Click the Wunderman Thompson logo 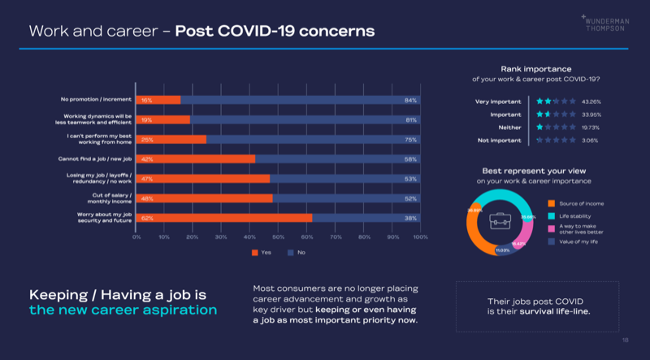[605, 24]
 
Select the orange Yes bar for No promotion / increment [158, 100]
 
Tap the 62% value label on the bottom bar [147, 218]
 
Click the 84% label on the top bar [410, 100]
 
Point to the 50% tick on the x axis [279, 236]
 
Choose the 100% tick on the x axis [420, 236]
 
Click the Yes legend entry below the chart [262, 252]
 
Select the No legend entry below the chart [297, 252]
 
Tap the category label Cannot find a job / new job [96, 158]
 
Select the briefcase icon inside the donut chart [500, 218]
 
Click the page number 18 [625, 340]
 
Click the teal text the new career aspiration [123, 310]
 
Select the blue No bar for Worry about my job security [366, 218]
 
